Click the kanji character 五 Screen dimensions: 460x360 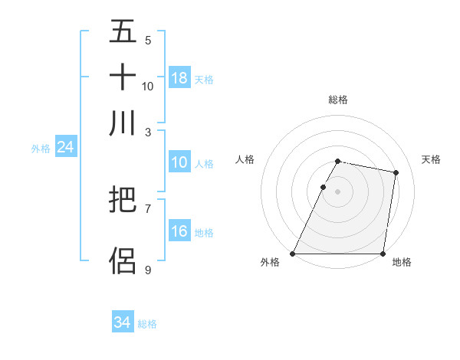coord(123,32)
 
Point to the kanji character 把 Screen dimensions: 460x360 coord(123,201)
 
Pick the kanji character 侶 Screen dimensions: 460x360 coord(123,260)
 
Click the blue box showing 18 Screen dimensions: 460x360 coord(179,78)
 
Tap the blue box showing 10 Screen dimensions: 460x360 coord(179,163)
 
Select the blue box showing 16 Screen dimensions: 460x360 coord(179,232)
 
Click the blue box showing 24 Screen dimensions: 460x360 coord(66,148)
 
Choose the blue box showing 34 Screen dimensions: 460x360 coord(123,323)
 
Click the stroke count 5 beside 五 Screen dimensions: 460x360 coord(148,41)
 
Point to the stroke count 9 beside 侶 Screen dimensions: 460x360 coord(148,270)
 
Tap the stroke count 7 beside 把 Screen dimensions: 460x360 coord(148,208)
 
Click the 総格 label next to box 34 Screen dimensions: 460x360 coord(147,324)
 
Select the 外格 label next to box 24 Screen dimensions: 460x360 coord(41,149)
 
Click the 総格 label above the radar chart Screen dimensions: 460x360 coord(337,100)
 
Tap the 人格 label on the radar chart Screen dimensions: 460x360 coord(245,159)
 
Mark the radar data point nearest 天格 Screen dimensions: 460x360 coord(396,173)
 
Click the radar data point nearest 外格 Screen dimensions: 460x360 coord(293,253)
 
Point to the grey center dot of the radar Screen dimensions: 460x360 coord(337,191)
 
